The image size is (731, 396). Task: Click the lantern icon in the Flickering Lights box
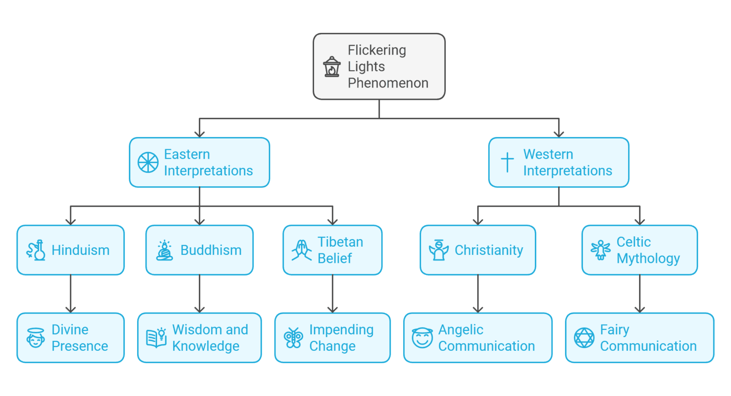point(332,67)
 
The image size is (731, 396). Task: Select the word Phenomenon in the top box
point(388,83)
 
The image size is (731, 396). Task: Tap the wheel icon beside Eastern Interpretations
point(148,163)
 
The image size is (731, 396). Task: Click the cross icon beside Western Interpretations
point(507,163)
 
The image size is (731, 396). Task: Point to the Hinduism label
point(80,251)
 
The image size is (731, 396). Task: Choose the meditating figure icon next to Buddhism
point(165,251)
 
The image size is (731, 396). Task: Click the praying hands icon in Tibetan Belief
point(301,251)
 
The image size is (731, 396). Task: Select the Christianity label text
point(489,251)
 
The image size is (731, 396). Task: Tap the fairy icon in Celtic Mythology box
point(601,250)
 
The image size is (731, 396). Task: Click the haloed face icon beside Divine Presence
point(36,338)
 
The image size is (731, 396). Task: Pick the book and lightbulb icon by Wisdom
point(156,338)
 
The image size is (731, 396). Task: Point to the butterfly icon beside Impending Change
point(293,338)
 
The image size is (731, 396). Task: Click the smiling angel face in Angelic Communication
point(422,338)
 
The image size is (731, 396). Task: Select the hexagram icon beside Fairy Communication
point(584,338)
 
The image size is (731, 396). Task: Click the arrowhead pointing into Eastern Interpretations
point(199,134)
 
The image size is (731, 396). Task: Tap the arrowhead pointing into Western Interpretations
point(559,134)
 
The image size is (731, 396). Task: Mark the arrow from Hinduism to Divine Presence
point(70,295)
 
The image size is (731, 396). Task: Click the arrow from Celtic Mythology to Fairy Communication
point(640,295)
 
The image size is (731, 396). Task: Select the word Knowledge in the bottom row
point(206,347)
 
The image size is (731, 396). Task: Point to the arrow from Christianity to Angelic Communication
point(478,295)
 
